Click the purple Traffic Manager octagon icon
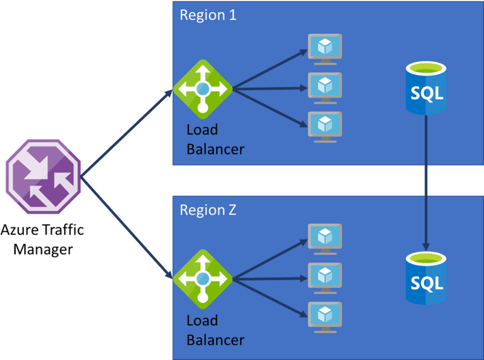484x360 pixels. (43, 177)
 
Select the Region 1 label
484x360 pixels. (208, 15)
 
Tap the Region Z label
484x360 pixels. (208, 210)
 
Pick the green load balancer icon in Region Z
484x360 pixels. (202, 279)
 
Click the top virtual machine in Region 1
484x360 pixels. (325, 49)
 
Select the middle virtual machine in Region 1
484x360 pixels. (325, 87)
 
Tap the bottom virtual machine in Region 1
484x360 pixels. (325, 127)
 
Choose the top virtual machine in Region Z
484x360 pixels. (325, 239)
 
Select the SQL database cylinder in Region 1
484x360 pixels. (425, 88)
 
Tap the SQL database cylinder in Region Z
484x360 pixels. (425, 278)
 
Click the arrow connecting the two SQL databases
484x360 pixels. (425, 180)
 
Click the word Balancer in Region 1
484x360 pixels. (215, 149)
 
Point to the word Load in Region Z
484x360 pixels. (202, 320)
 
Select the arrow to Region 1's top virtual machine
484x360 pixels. (269, 69)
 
